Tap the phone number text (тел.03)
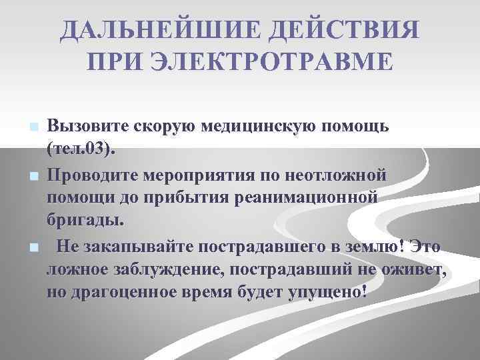[81, 147]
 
